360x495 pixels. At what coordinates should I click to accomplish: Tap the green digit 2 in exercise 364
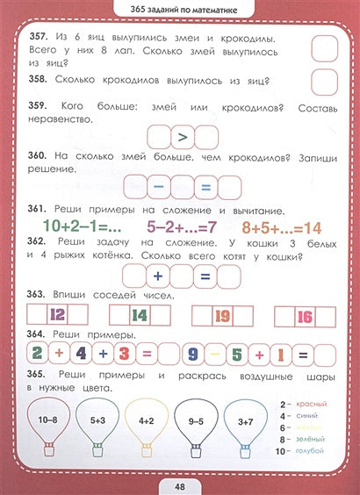click(x=37, y=354)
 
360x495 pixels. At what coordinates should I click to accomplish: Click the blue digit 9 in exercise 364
click(x=212, y=354)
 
